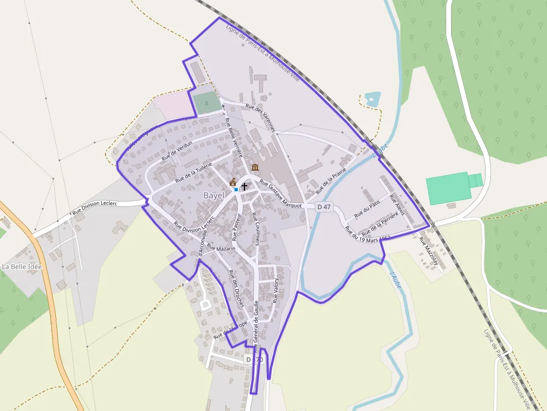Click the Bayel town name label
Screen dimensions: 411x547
[214, 196]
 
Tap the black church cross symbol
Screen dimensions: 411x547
[244, 186]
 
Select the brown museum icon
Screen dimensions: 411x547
[255, 168]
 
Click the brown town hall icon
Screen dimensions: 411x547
[233, 182]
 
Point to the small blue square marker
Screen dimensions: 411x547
[236, 190]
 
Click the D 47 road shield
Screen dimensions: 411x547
[324, 207]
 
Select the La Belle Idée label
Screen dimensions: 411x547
[22, 267]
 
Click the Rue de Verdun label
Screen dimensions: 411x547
[176, 151]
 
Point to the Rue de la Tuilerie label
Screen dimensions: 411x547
[194, 173]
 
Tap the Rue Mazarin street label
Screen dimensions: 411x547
[222, 248]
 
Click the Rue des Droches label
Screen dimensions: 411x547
[237, 288]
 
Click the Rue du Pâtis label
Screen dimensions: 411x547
[367, 209]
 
